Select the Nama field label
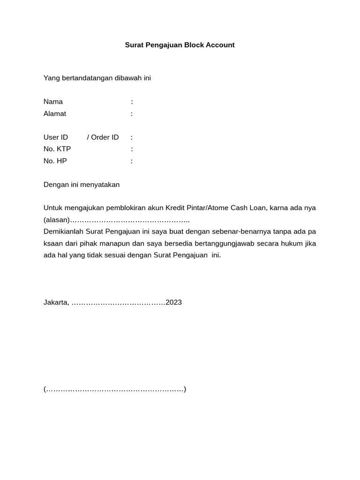[x=53, y=102]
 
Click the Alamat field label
[x=55, y=113]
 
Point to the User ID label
[x=56, y=137]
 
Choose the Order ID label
[x=105, y=137]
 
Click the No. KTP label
[x=57, y=149]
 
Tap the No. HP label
[x=55, y=161]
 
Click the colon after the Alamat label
[x=132, y=113]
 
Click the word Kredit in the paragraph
[x=176, y=208]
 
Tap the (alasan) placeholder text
[x=56, y=220]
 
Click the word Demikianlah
[x=63, y=232]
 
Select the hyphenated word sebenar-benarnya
[x=231, y=232]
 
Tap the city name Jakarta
[x=56, y=302]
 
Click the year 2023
[x=173, y=302]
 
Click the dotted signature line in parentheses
[x=115, y=389]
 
